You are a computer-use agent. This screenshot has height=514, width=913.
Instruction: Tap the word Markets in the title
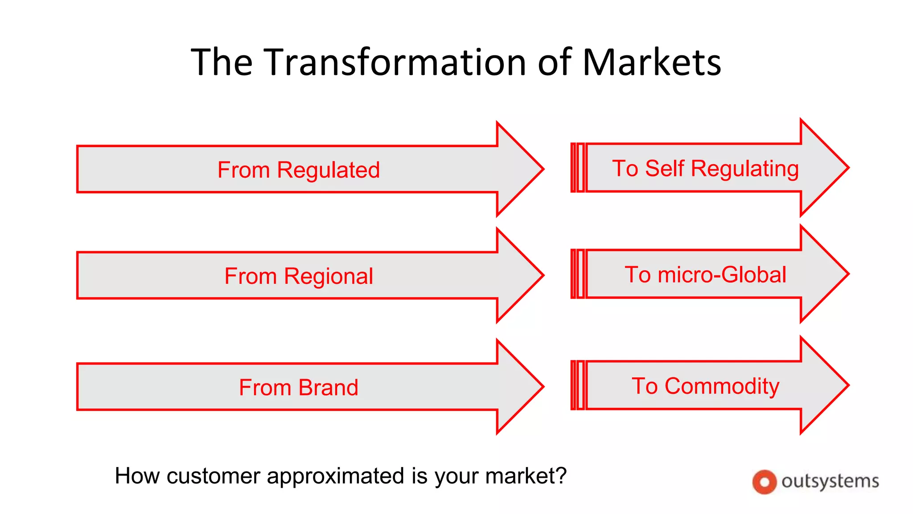[x=652, y=62]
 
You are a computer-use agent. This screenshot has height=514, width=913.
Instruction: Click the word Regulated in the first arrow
[x=328, y=170]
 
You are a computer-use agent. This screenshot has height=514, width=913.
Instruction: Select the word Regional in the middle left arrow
[x=329, y=277]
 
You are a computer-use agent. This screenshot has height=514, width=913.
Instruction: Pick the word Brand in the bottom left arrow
[x=329, y=387]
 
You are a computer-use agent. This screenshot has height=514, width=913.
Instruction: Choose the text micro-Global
[x=722, y=275]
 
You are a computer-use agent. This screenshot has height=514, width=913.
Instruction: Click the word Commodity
[x=722, y=386]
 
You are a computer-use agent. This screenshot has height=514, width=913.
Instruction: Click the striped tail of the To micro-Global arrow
[x=577, y=274]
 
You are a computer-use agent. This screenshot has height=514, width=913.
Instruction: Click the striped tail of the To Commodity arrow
[x=577, y=385]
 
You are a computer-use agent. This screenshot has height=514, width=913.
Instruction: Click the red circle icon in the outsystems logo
[x=764, y=482]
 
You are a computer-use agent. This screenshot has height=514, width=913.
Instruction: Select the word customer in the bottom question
[x=213, y=476]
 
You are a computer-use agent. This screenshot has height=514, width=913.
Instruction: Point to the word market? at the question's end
[x=526, y=476]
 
